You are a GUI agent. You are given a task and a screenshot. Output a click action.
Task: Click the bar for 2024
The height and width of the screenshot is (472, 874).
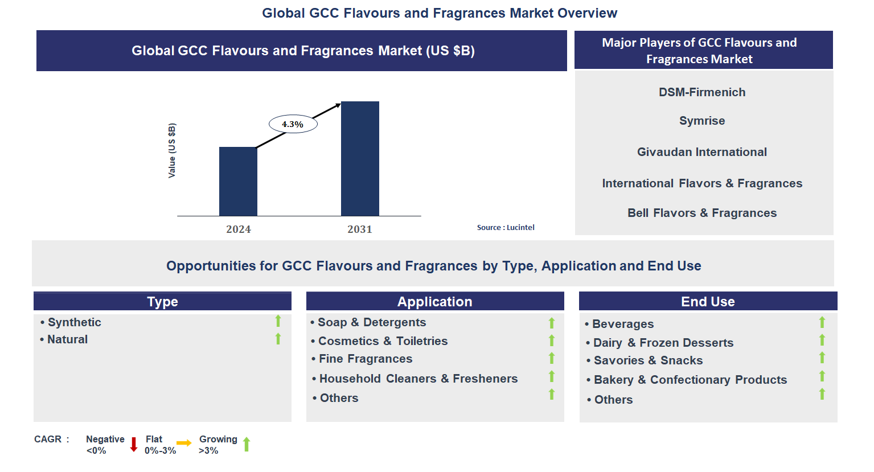[238, 181]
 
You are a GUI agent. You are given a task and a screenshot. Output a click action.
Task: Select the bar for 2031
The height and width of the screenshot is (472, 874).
[360, 158]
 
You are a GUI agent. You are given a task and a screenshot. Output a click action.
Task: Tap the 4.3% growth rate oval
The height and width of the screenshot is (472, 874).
[293, 124]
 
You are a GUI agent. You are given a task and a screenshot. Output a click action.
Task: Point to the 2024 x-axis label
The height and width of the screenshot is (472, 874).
[238, 229]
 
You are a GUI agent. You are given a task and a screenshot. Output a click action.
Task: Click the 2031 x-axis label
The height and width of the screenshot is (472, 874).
[360, 229]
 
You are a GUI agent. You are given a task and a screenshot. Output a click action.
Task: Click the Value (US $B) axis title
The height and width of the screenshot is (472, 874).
[172, 150]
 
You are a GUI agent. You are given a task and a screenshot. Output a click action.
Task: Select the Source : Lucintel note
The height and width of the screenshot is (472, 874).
[506, 227]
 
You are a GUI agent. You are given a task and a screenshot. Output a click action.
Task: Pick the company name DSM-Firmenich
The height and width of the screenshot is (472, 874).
[702, 92]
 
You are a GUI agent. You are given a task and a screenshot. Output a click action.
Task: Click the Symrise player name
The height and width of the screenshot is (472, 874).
[702, 121]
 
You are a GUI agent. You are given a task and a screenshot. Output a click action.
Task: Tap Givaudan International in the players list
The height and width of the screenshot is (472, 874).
[702, 152]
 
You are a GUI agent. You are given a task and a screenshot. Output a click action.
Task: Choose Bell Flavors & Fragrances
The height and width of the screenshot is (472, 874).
[702, 213]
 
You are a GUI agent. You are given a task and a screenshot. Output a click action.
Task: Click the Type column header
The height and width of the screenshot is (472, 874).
[162, 302]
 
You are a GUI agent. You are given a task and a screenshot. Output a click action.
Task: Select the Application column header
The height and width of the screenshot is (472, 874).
[435, 302]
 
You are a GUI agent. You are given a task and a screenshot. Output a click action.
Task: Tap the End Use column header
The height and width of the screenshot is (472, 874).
[708, 302]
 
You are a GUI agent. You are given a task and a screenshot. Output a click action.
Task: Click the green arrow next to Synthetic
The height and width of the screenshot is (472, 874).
[278, 321]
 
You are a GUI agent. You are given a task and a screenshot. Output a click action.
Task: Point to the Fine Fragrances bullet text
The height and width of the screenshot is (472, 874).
[366, 359]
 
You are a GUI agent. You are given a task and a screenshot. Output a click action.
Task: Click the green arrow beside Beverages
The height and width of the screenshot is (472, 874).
[822, 322]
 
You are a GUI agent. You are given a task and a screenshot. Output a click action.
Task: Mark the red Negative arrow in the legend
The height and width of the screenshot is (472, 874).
[134, 445]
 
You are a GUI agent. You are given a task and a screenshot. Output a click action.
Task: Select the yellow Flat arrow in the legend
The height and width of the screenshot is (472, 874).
[184, 443]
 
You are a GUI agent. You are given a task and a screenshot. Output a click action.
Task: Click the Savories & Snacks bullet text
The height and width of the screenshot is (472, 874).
[648, 360]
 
